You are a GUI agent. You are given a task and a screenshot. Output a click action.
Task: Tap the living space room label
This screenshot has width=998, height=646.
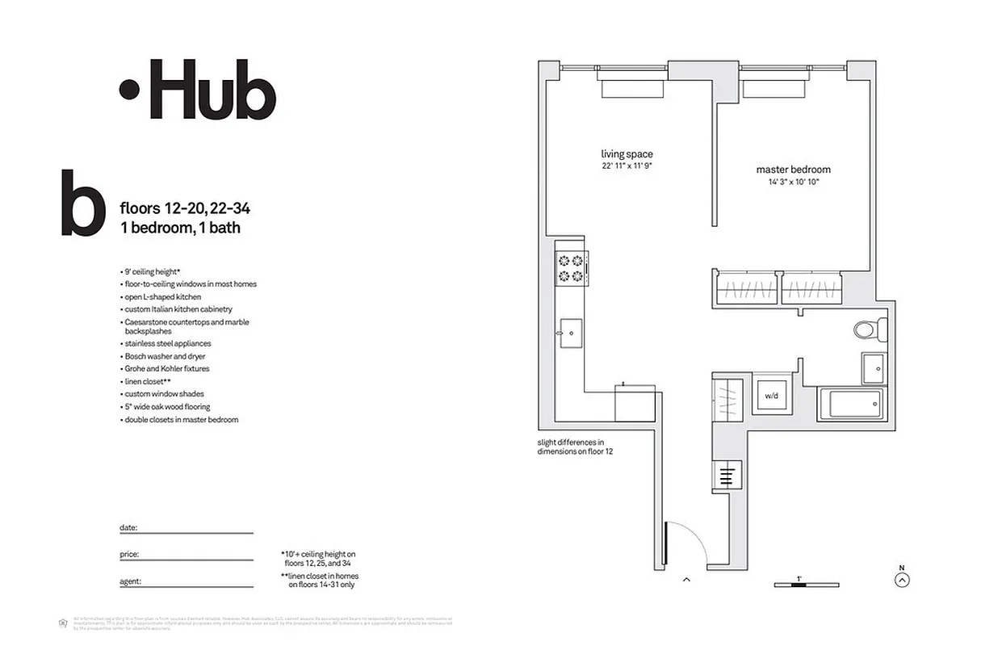tap(627, 154)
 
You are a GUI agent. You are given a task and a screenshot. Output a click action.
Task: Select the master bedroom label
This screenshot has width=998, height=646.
tap(793, 170)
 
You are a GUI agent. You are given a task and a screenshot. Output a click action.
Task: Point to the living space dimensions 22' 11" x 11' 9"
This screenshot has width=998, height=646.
tap(627, 166)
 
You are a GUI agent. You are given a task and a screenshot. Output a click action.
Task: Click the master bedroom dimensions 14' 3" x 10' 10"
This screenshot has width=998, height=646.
tap(793, 182)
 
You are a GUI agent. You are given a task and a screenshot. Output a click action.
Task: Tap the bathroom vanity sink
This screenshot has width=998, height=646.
tap(874, 368)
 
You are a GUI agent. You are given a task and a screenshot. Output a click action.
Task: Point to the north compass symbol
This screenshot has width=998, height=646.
tap(903, 578)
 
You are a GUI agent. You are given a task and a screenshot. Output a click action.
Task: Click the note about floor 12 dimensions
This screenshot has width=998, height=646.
tap(576, 447)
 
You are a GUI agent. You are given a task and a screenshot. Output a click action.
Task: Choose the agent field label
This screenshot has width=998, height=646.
tap(130, 581)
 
